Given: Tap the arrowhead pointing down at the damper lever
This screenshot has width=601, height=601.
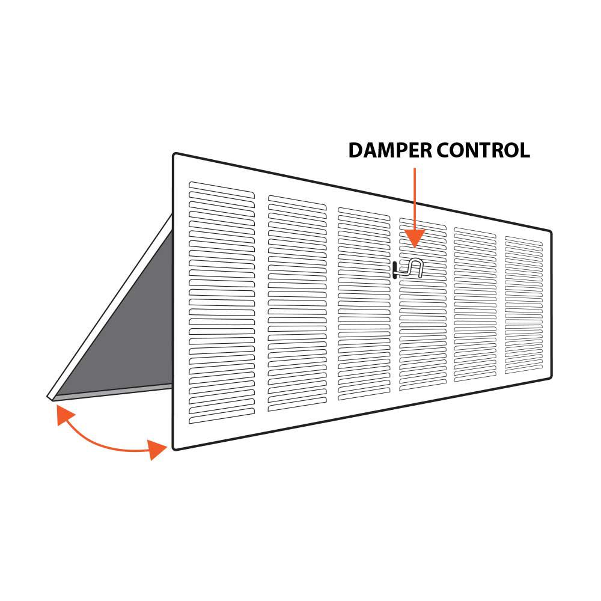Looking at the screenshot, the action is click(414, 238).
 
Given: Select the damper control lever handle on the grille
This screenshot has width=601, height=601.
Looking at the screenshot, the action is click(408, 268).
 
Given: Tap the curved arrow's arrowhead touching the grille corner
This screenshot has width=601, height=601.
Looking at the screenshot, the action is click(157, 449).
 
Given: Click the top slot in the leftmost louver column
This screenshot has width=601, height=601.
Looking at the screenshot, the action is click(222, 190).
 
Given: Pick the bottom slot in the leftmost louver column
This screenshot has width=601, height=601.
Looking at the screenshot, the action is click(222, 416).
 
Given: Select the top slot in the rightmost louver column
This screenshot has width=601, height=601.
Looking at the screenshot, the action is click(523, 241).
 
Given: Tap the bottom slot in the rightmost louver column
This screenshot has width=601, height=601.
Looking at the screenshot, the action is click(523, 370).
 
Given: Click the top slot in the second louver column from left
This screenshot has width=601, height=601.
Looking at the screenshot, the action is click(297, 203).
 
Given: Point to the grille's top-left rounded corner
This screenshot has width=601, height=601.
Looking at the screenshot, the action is click(174, 155).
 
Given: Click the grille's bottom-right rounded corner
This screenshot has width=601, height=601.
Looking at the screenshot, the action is click(550, 376).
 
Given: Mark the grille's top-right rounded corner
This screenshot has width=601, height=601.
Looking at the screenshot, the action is click(550, 232).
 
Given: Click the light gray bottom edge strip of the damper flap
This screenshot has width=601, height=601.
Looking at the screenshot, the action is click(113, 392).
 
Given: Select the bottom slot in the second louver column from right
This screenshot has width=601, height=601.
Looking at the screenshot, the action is click(475, 378).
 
